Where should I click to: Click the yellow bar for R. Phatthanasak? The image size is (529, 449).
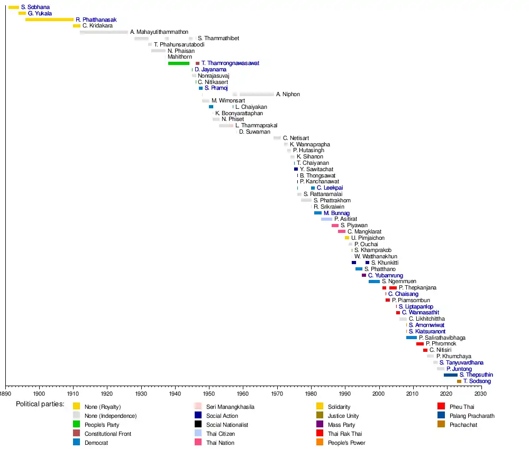click(49, 20)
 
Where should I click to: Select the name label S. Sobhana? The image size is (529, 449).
click(35, 7)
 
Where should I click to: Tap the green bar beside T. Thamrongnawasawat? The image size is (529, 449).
click(179, 63)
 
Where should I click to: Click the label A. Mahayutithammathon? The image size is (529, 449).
click(159, 32)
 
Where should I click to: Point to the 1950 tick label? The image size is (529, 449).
click(209, 394)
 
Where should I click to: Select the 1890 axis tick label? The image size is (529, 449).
click(6, 394)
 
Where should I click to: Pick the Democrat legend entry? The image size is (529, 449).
click(96, 443)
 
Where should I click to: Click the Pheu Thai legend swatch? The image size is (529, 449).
click(441, 406)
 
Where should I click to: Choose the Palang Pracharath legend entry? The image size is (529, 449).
click(472, 416)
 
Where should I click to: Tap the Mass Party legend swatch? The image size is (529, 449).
click(320, 424)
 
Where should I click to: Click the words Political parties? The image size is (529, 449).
click(40, 404)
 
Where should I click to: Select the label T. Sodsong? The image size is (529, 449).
click(477, 381)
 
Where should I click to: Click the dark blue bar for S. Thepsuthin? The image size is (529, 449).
click(451, 375)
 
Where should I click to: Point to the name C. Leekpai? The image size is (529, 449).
click(330, 188)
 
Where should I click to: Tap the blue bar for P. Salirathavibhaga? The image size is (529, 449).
click(412, 338)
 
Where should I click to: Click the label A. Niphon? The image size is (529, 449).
click(288, 95)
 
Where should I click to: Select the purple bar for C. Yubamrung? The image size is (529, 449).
click(364, 275)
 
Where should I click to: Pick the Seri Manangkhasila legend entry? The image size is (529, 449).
click(230, 407)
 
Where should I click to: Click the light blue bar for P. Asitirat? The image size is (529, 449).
click(326, 219)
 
